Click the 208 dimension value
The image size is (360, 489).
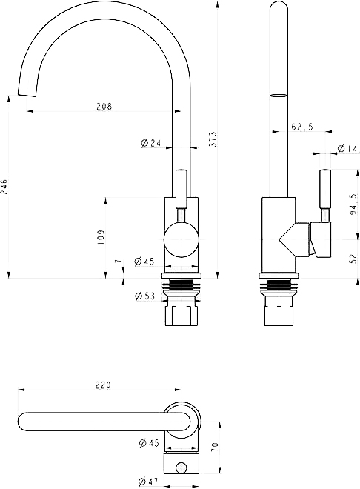pyautogui.click(x=104, y=107)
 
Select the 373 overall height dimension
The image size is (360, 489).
pyautogui.click(x=213, y=139)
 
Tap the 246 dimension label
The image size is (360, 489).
pyautogui.click(x=4, y=187)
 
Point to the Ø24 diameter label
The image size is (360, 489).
pyautogui.click(x=150, y=143)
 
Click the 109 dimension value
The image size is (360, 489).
pyautogui.click(x=101, y=237)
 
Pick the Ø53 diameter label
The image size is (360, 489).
pyautogui.click(x=144, y=296)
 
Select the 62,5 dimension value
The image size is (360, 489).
pyautogui.click(x=302, y=127)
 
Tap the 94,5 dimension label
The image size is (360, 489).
pyautogui.click(x=353, y=204)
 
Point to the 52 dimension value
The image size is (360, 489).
pyautogui.click(x=353, y=259)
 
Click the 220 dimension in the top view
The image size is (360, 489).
pyautogui.click(x=103, y=385)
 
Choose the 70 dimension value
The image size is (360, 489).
pyautogui.click(x=216, y=447)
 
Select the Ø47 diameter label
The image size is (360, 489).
pyautogui.click(x=148, y=482)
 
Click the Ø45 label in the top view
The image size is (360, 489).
pyautogui.click(x=149, y=443)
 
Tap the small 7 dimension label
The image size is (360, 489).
pyautogui.click(x=118, y=261)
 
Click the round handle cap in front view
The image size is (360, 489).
pyautogui.click(x=181, y=239)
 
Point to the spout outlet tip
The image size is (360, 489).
pyautogui.click(x=27, y=95)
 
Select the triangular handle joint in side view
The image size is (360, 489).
pyautogui.click(x=294, y=239)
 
